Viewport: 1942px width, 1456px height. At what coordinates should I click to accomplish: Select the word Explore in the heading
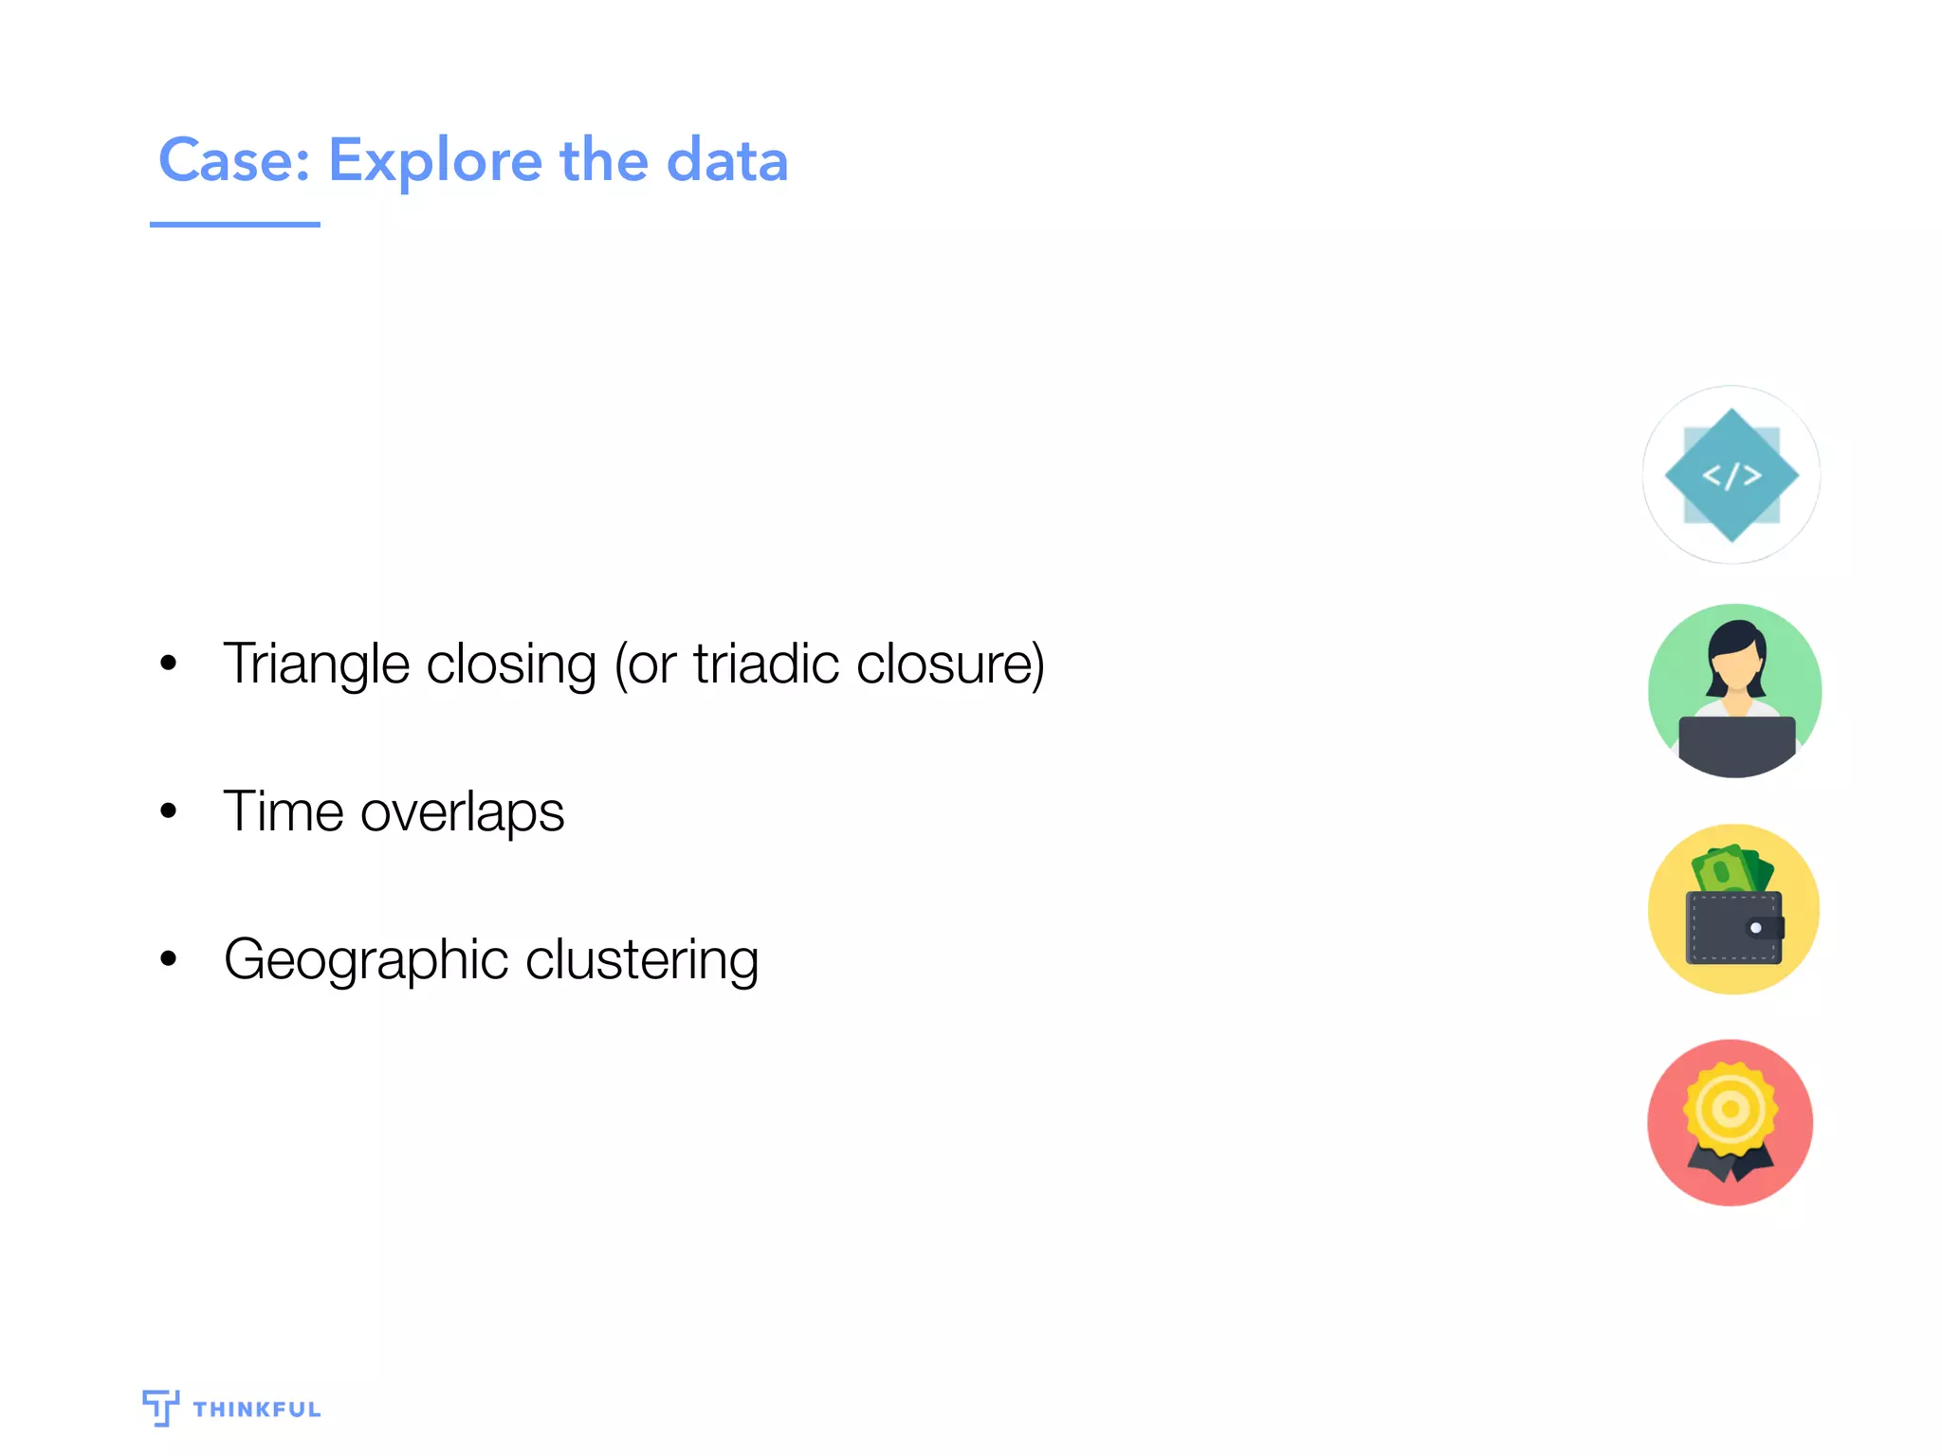(x=434, y=161)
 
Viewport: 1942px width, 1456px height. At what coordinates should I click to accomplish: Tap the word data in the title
(x=727, y=160)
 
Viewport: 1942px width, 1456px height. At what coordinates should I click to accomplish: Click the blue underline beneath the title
(x=234, y=225)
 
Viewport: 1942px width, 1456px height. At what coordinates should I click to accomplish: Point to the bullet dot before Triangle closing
(x=169, y=663)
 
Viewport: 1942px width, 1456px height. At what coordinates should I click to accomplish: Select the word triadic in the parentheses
(x=766, y=663)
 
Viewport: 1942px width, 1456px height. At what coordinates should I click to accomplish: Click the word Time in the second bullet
(x=283, y=811)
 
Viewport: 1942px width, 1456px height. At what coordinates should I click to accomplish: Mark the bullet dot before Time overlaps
(x=169, y=810)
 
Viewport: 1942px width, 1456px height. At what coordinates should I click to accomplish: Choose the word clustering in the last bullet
(x=642, y=960)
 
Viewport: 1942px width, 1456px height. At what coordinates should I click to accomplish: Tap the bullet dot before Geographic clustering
(x=169, y=958)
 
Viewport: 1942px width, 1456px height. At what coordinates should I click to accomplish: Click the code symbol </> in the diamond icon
(x=1731, y=475)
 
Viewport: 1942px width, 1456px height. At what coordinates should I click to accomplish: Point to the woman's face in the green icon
(x=1736, y=669)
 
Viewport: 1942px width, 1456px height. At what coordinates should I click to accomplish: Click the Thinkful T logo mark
(x=160, y=1407)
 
